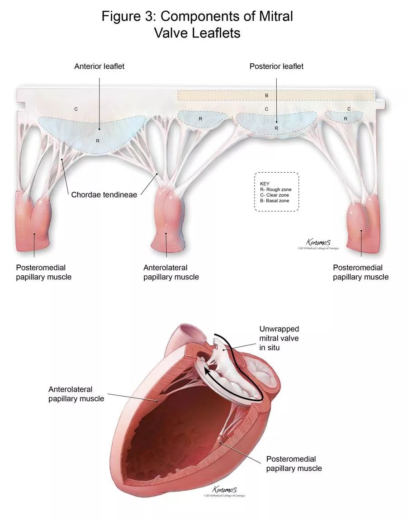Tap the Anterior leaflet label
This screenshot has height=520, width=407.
99,66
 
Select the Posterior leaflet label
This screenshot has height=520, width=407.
276,66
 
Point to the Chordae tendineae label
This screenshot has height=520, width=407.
104,195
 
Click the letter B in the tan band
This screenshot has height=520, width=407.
266,95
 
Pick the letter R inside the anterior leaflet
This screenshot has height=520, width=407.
97,141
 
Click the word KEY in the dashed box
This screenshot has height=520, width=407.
265,184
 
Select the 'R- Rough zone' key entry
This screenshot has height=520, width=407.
276,189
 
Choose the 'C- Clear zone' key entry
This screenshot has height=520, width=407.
275,195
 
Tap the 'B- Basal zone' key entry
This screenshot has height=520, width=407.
275,200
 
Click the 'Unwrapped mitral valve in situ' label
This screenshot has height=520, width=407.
279,338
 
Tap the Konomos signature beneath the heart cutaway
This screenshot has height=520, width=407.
224,490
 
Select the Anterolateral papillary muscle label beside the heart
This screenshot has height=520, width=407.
76,394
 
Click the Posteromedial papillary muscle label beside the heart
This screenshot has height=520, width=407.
294,463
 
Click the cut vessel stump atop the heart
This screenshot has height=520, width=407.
189,334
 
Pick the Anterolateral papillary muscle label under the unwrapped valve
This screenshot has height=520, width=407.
171,272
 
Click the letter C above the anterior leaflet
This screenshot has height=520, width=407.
76,109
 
